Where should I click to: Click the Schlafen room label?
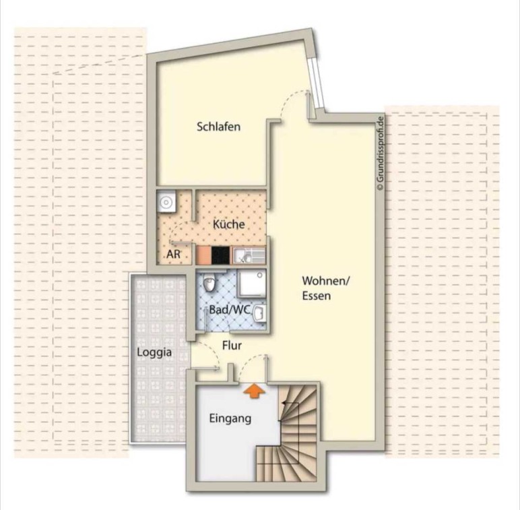pos(218,127)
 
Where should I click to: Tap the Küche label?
pos(229,224)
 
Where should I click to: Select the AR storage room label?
pos(173,254)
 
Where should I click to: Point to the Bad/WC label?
pos(229,310)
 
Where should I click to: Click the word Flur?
pos(232,346)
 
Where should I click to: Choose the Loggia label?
pos(154,352)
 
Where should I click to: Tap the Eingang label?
pos(230,419)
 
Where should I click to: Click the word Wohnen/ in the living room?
pos(325,281)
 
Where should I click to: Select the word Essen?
pos(317,296)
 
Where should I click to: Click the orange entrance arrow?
pos(254,390)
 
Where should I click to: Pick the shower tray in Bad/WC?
pos(252,282)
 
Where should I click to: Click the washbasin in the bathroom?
pos(260,313)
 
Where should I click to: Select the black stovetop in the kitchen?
pos(220,255)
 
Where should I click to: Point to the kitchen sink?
pos(249,255)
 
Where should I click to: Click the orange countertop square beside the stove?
pos(203,255)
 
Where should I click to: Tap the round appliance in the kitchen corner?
pos(166,201)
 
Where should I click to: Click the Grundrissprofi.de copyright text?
pos(380,153)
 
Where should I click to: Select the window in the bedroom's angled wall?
pos(316,84)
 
